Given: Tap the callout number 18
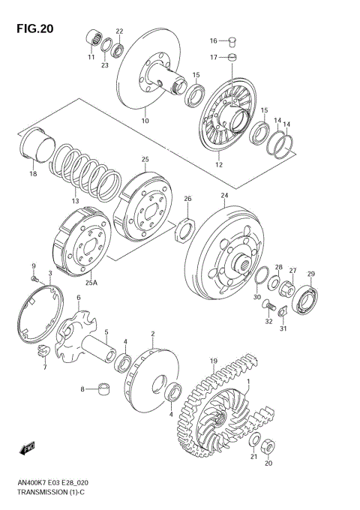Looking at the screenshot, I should click(32, 174).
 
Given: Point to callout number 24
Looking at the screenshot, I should click(223, 196).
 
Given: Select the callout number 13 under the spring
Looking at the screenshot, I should click(75, 201).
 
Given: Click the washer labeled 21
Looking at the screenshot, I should click(254, 440).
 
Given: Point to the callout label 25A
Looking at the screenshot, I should click(91, 283).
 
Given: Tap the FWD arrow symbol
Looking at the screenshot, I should click(28, 448).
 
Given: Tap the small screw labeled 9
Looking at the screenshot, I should click(34, 278).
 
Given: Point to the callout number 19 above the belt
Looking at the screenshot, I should click(213, 361).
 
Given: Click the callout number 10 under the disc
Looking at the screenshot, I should click(145, 120).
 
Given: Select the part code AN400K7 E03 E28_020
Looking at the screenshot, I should click(54, 484).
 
